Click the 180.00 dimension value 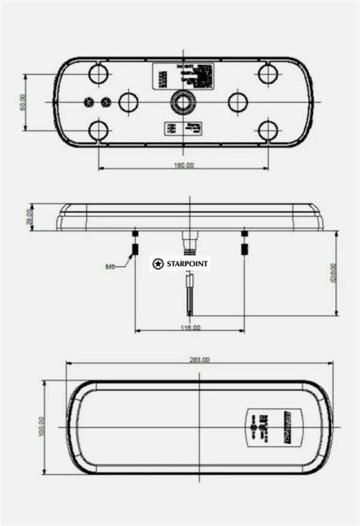(x=183, y=165)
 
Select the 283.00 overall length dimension (x=200, y=360)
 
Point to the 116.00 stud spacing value (x=190, y=328)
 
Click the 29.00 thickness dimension (x=30, y=217)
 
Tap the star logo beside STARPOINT (x=158, y=264)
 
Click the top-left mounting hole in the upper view (x=99, y=74)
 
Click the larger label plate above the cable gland (x=182, y=78)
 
